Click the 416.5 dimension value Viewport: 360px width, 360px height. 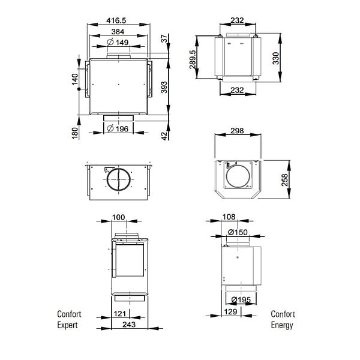click(x=116, y=20)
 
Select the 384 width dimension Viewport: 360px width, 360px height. click(x=118, y=32)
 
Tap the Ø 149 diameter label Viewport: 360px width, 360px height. click(x=118, y=42)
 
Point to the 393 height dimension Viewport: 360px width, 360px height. click(x=164, y=87)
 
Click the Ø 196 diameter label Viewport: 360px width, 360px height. click(x=118, y=129)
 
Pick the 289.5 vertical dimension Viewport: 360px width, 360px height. click(x=193, y=59)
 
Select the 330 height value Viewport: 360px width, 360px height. click(x=276, y=58)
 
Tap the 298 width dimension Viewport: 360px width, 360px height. click(x=237, y=131)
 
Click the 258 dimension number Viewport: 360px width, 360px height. click(x=284, y=180)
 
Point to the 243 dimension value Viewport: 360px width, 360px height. click(x=129, y=325)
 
